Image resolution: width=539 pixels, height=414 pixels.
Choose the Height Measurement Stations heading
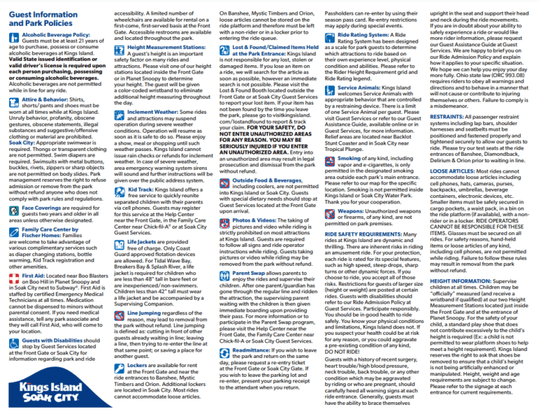(x=166, y=48)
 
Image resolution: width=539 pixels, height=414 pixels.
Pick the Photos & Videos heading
(x=260, y=220)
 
